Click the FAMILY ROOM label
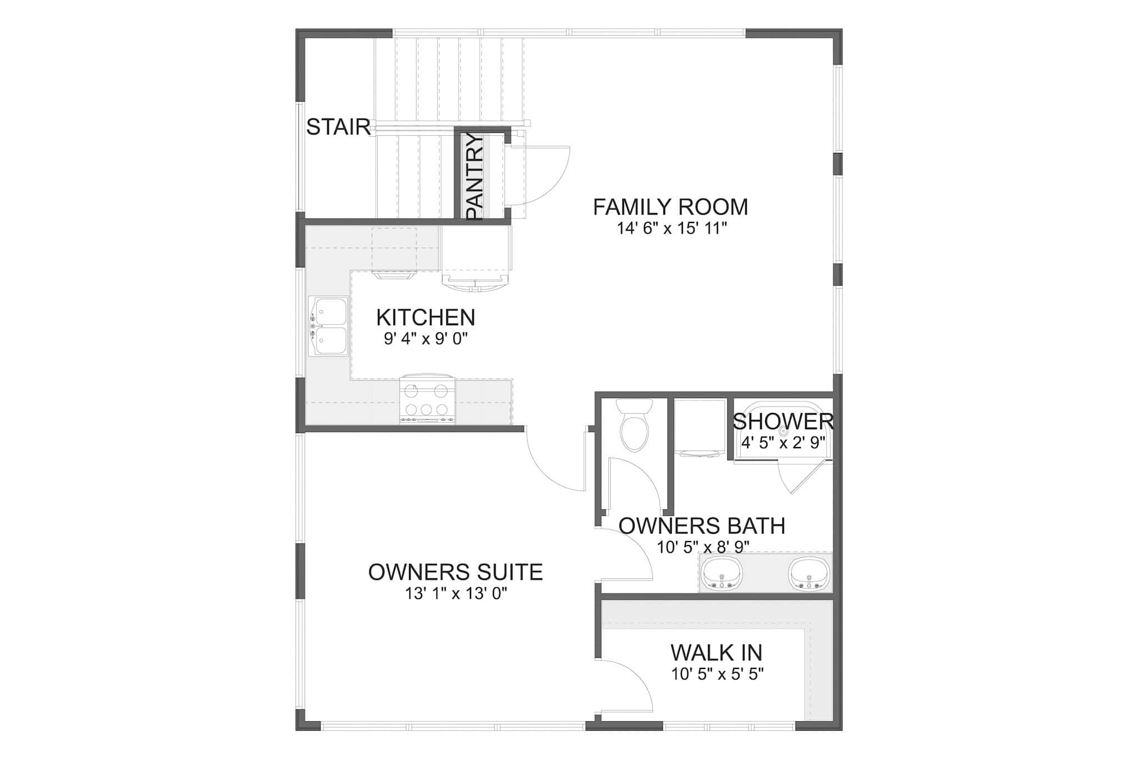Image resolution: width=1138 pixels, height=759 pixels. (x=670, y=207)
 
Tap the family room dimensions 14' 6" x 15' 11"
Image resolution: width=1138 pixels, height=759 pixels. (x=672, y=229)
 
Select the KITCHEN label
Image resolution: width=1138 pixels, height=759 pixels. (x=426, y=318)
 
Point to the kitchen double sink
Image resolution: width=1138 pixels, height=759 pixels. (x=328, y=326)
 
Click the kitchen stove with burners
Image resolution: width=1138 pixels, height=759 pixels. (x=427, y=400)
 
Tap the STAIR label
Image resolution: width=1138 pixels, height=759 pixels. (x=338, y=127)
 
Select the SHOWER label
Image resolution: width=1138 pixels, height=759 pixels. (x=783, y=421)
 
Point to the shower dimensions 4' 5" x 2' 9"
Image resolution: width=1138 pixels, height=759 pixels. (x=783, y=443)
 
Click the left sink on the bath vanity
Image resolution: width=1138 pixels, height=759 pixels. (x=722, y=573)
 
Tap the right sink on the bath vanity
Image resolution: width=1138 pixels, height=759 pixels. (x=809, y=573)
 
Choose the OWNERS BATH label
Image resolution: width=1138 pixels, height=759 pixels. (x=702, y=525)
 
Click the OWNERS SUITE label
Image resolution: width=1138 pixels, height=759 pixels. (x=455, y=572)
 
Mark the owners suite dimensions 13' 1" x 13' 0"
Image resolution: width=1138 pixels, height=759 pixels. (x=456, y=594)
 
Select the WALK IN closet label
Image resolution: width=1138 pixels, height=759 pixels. (x=716, y=652)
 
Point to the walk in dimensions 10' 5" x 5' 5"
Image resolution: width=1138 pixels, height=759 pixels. (x=717, y=674)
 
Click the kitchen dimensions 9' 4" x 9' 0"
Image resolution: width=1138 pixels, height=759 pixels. (x=426, y=339)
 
